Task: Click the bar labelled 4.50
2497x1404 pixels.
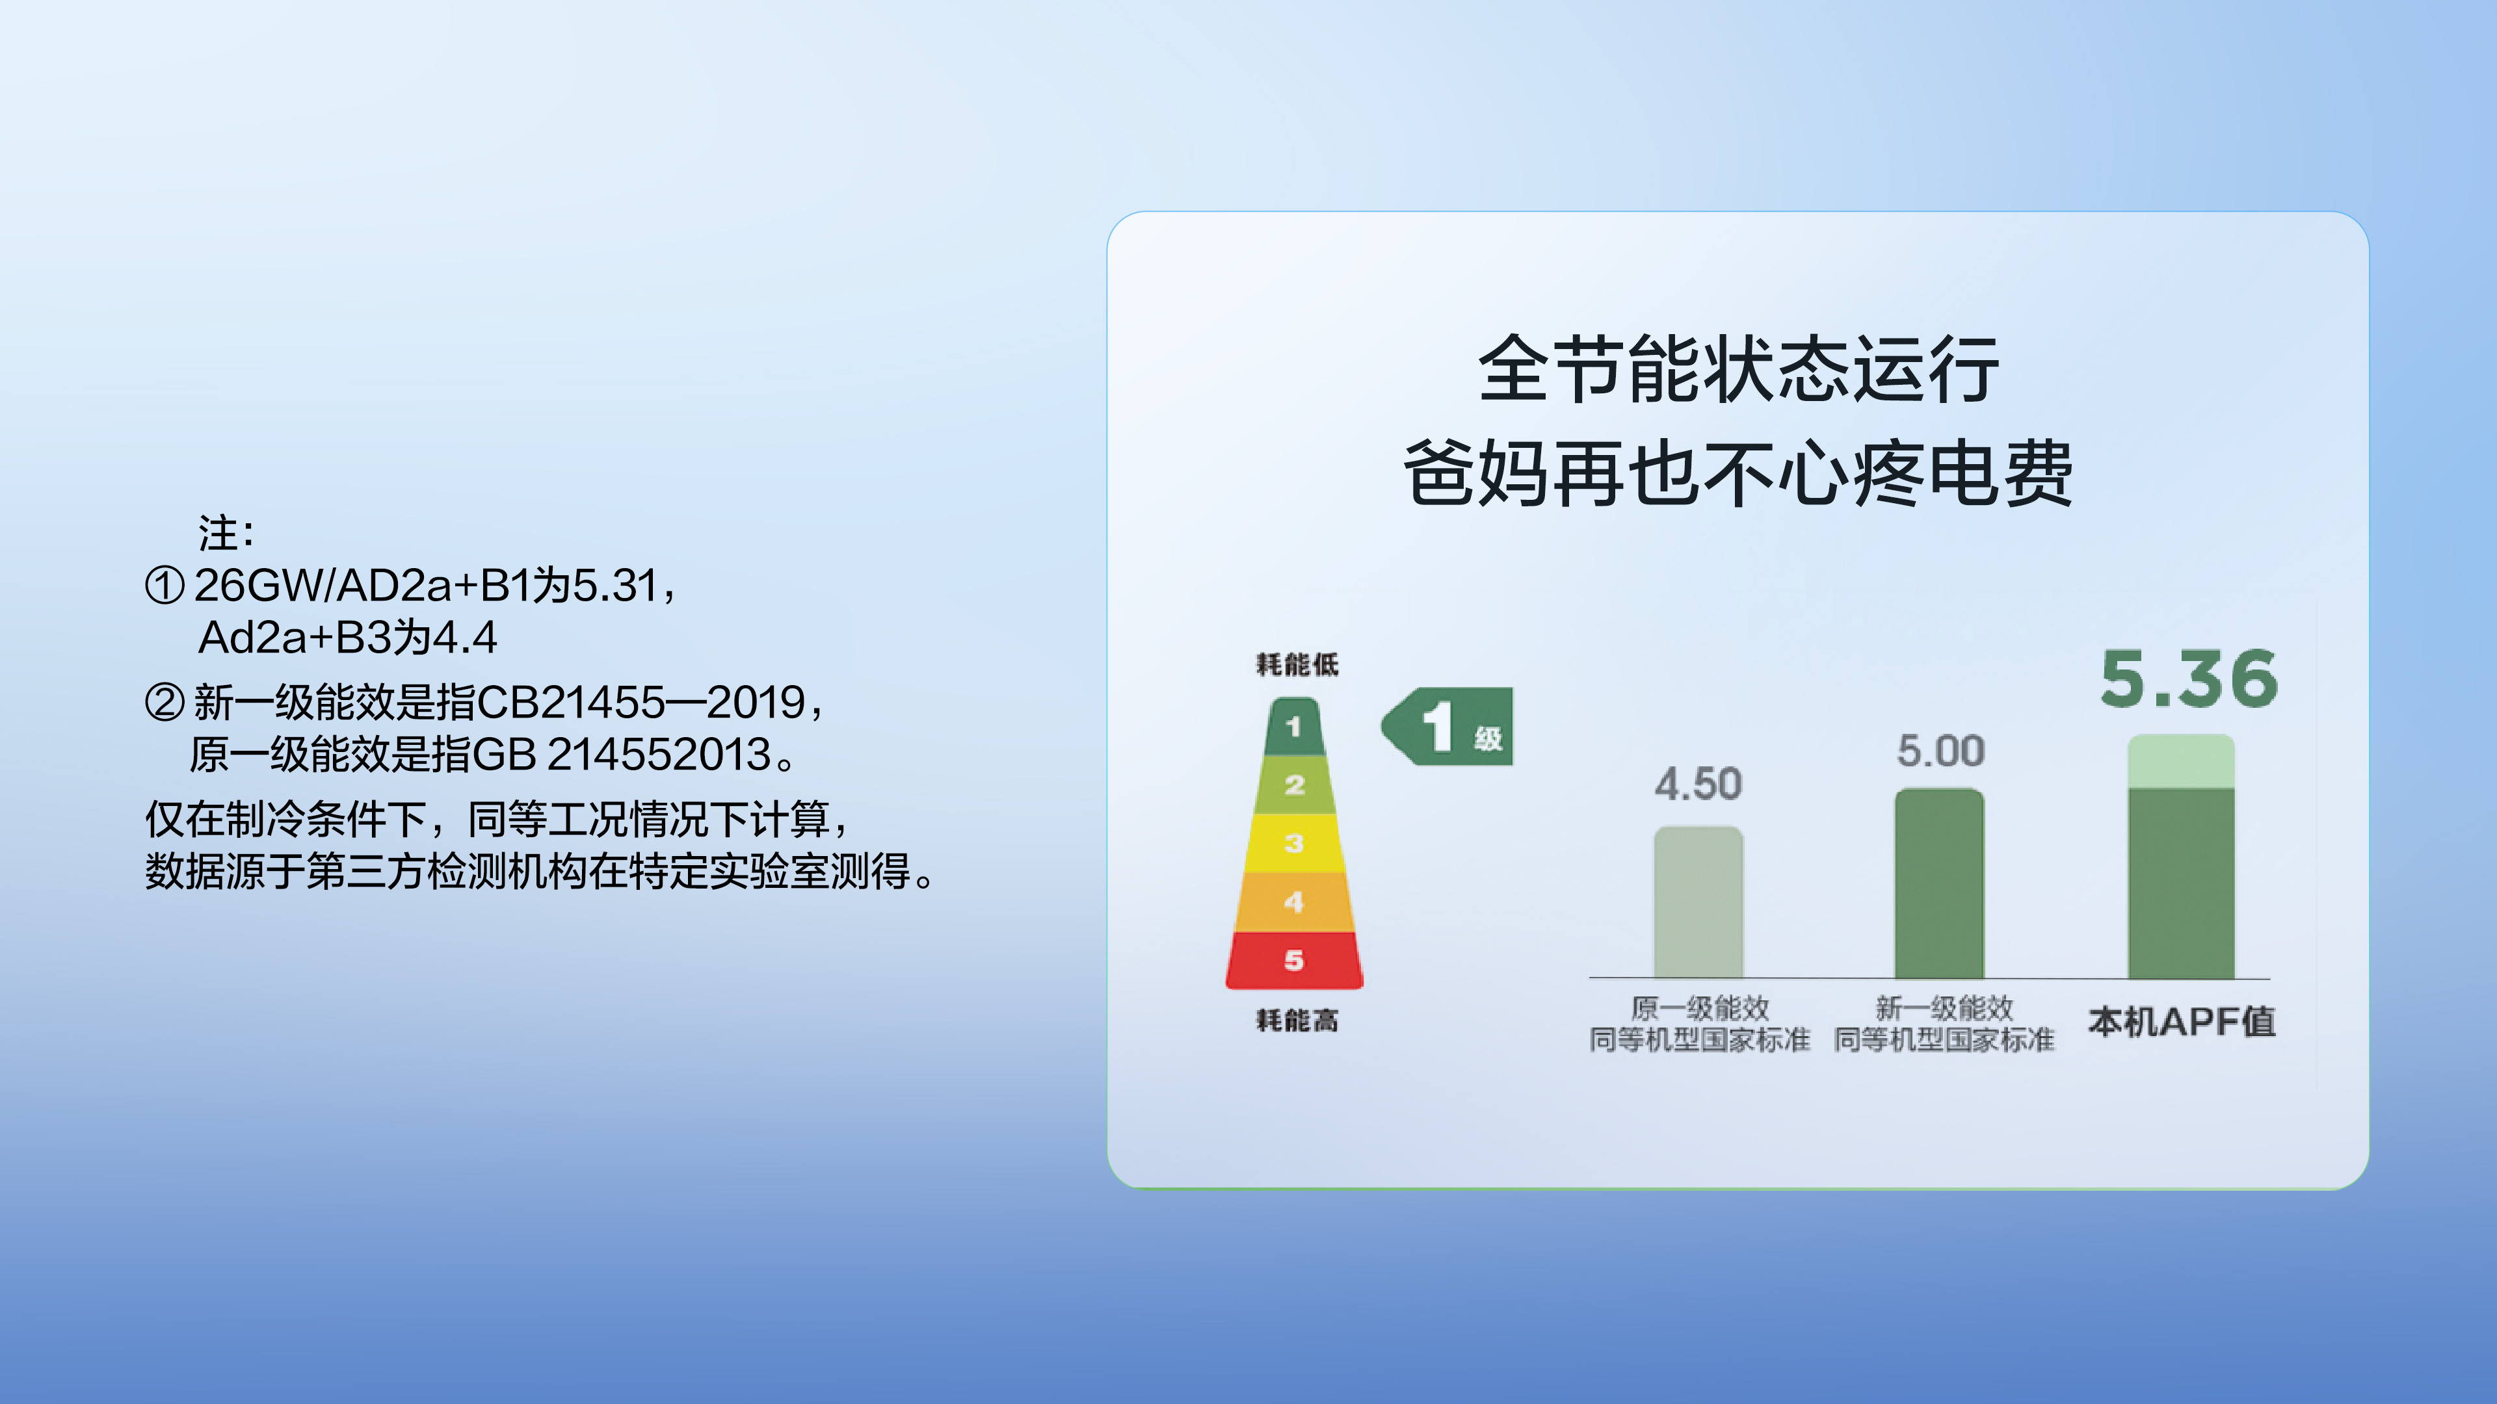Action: pos(1698,902)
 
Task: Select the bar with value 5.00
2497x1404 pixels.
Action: pos(1940,884)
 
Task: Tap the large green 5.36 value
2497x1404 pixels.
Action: pos(2189,679)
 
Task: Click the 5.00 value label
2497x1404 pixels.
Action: pos(1940,751)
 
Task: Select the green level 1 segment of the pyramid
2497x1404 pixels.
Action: pos(1294,727)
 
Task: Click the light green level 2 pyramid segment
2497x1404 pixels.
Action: pos(1294,785)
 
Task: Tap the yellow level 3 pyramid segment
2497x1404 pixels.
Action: pos(1294,843)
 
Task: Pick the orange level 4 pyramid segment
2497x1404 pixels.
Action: pos(1294,902)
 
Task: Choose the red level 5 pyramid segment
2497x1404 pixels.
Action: pos(1294,960)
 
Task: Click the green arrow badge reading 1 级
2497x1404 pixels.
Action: pos(1447,727)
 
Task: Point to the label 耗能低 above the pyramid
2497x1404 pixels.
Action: pos(1297,665)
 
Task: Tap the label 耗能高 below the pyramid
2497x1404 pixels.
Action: pos(1297,1020)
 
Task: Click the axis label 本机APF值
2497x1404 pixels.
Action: pos(2182,1021)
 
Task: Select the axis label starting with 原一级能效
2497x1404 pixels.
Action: pos(1699,1023)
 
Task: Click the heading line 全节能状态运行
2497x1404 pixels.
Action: pos(1738,369)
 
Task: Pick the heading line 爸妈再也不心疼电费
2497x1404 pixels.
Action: pos(1738,473)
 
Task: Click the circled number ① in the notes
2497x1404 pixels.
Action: pos(164,585)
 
